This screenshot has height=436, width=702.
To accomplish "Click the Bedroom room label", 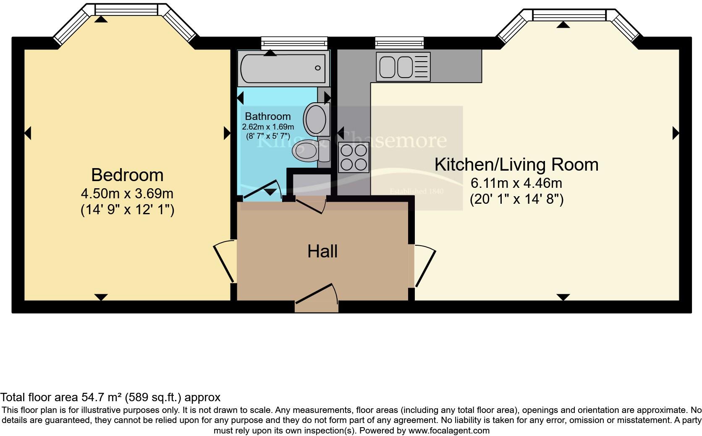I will [127, 175].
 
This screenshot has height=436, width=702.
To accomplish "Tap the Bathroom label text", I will [268, 117].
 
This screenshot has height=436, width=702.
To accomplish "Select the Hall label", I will [322, 252].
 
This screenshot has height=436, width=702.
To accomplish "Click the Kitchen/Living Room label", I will [516, 164].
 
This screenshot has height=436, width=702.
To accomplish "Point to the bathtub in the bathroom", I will [282, 68].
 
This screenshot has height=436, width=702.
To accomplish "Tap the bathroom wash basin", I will [315, 119].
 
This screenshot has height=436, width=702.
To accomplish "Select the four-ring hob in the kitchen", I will [354, 158].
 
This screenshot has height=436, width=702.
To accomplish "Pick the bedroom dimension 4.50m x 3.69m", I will [127, 194].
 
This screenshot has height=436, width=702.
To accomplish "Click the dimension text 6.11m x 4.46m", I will [516, 183].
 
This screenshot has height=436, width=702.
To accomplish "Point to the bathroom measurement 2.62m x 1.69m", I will [268, 127].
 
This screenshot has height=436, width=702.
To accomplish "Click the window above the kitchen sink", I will [399, 42].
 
